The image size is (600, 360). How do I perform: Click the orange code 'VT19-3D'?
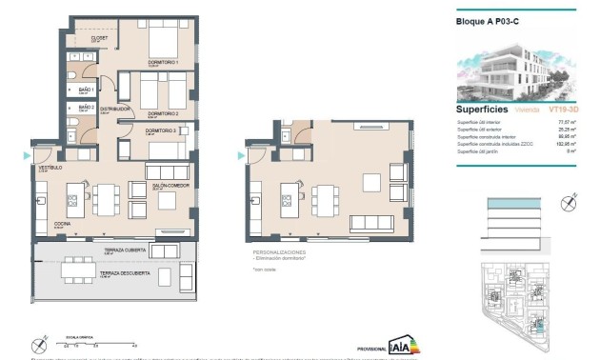pyautogui.click(x=550, y=110)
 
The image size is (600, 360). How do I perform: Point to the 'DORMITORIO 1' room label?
pyautogui.click(x=163, y=63)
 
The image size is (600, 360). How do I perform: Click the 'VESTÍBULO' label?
pyautogui.click(x=50, y=167)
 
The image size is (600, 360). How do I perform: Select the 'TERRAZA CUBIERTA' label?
pyautogui.click(x=124, y=250)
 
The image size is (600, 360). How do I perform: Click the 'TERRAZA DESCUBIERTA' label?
pyautogui.click(x=125, y=273)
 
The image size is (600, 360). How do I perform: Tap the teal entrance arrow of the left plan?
pyautogui.click(x=25, y=155)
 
